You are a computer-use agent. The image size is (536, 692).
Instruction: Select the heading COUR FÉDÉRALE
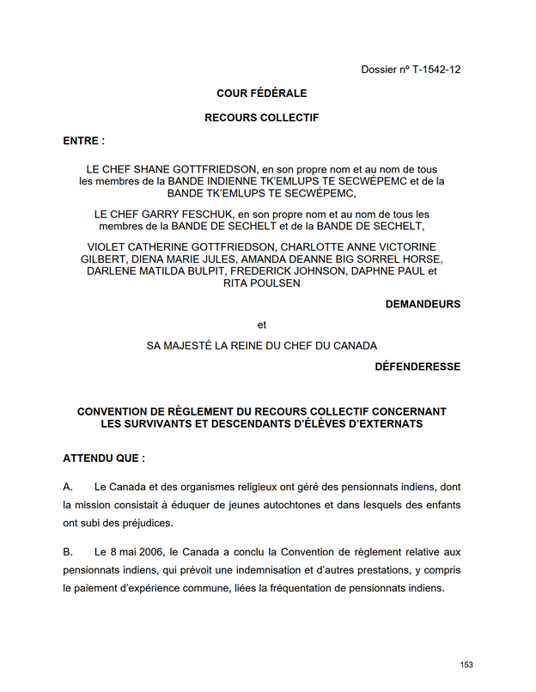[261, 94]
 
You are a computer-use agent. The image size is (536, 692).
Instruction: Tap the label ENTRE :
[84, 140]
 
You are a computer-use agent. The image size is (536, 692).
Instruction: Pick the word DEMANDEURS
[423, 304]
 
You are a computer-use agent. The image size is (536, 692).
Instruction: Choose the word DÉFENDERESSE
[417, 367]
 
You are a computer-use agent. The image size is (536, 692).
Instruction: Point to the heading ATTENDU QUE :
[104, 458]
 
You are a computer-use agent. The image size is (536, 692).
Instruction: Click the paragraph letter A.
[68, 488]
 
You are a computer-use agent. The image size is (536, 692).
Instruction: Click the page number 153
[466, 665]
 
